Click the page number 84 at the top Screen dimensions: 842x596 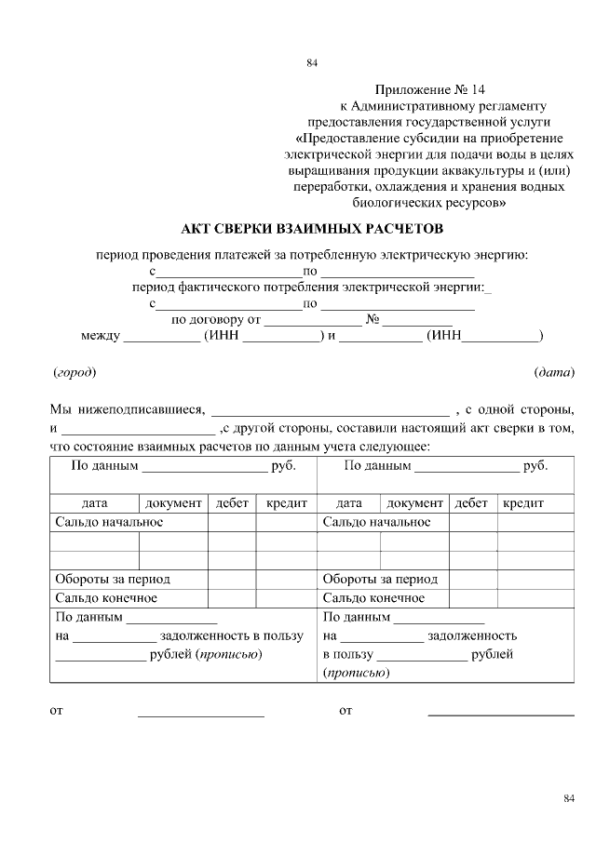tap(312, 63)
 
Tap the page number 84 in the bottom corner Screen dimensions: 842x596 tap(570, 798)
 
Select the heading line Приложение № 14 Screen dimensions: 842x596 tap(430, 89)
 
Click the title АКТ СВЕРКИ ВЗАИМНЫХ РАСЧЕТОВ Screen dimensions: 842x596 tap(312, 229)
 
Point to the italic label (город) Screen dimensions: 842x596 tap(74, 372)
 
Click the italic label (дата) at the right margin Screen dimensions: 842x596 tap(554, 372)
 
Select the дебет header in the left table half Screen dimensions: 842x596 tap(232, 502)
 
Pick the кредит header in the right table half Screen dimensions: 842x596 tap(523, 502)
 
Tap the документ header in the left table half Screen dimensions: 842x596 tap(173, 502)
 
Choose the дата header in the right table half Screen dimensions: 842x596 tap(349, 502)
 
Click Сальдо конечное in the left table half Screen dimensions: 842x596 tap(106, 597)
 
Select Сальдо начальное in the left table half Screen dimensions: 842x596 tap(110, 522)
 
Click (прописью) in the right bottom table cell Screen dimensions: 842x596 tap(356, 672)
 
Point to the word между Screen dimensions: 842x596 tap(101, 336)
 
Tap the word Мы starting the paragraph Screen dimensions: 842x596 tap(60, 408)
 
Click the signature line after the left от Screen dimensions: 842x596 tap(201, 715)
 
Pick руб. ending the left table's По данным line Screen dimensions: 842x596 tap(282, 465)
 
